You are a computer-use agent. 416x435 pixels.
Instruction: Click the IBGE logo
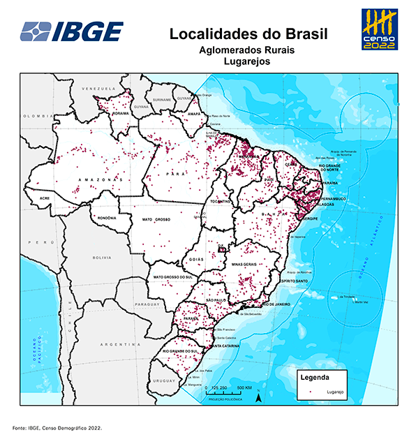(x=72, y=31)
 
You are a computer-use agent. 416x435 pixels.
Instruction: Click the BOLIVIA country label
(x=102, y=258)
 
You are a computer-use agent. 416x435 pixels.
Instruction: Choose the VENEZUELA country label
(x=97, y=90)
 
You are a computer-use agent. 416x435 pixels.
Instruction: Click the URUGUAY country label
(x=165, y=381)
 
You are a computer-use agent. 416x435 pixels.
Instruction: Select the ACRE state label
(x=45, y=199)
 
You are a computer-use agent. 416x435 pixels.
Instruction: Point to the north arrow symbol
(x=259, y=397)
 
